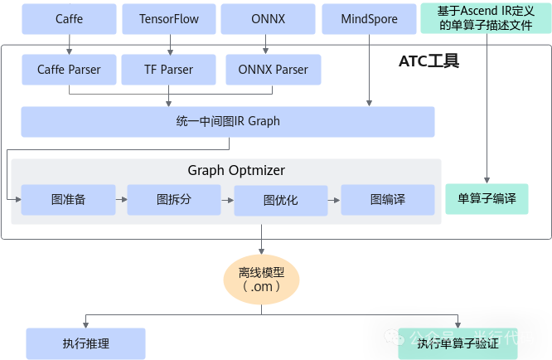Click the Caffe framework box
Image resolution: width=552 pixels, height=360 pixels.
pyautogui.click(x=69, y=19)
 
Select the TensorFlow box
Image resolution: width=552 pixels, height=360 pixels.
pyautogui.click(x=169, y=19)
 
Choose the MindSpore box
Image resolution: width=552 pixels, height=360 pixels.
pyautogui.click(x=369, y=19)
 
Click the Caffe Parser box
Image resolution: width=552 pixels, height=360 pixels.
pyautogui.click(x=69, y=70)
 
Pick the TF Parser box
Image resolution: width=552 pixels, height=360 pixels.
pyautogui.click(x=168, y=70)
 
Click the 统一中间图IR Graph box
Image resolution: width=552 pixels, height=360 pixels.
pyautogui.click(x=228, y=121)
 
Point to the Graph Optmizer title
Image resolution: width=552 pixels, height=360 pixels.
pyautogui.click(x=235, y=171)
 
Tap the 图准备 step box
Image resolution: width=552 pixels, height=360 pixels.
pyautogui.click(x=68, y=199)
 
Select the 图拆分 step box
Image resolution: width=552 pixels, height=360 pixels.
pyautogui.click(x=174, y=199)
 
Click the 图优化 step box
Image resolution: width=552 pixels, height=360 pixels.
pyautogui.click(x=281, y=200)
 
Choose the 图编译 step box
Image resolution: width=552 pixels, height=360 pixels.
pyautogui.click(x=388, y=199)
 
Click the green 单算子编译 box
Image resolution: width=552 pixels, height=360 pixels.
pyautogui.click(x=487, y=199)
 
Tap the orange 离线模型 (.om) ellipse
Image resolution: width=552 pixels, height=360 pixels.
pyautogui.click(x=261, y=279)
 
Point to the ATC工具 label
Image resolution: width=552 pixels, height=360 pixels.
pyautogui.click(x=429, y=61)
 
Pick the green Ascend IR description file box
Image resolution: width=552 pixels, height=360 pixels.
pyautogui.click(x=486, y=19)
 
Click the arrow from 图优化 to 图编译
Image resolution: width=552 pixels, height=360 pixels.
pyautogui.click(x=335, y=200)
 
